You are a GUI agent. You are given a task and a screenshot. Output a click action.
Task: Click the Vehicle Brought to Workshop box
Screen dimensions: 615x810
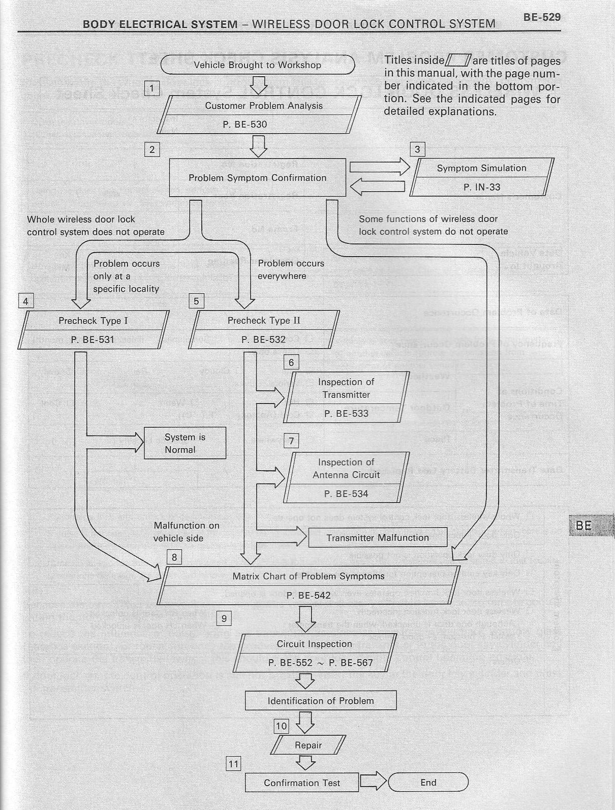pos(257,65)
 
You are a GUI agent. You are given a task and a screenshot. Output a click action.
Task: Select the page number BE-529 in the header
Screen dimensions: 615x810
pos(542,17)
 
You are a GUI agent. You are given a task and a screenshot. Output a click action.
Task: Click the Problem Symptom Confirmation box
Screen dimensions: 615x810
pos(257,178)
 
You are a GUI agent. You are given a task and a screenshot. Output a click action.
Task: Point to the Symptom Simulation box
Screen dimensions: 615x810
pos(481,177)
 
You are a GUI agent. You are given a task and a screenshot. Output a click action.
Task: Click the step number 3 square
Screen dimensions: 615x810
pos(417,149)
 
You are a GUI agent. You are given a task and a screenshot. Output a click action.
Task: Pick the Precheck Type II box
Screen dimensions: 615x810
pos(263,330)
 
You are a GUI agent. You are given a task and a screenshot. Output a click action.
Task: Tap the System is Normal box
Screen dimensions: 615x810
pos(185,443)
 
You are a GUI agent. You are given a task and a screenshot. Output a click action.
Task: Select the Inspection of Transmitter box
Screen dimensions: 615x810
pos(346,397)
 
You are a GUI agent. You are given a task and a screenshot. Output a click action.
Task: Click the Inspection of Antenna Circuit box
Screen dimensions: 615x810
pos(346,478)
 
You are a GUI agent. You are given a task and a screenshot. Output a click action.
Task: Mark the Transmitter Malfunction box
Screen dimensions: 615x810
pos(378,538)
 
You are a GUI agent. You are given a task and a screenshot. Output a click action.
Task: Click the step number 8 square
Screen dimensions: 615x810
pos(174,557)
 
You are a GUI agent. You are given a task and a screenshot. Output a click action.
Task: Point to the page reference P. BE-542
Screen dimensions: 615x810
pos(309,596)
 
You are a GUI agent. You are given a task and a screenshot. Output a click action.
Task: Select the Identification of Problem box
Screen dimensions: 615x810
pos(321,701)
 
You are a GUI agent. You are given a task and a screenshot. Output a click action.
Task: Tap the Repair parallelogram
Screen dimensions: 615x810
pos(309,745)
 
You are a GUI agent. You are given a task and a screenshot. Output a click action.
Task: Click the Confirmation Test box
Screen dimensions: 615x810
pos(302,783)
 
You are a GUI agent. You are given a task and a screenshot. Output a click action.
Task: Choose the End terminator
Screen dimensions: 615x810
pos(428,783)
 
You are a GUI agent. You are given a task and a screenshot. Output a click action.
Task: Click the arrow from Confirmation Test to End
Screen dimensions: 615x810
pos(374,782)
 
